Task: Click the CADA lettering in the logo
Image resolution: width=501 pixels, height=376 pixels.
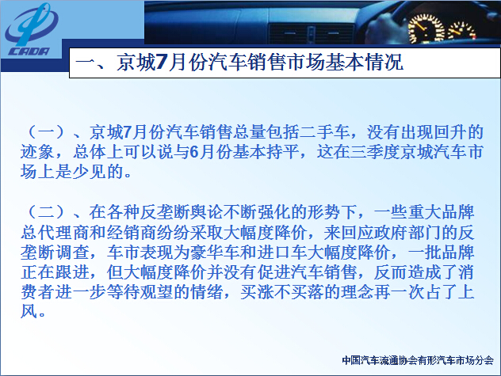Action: tap(29, 51)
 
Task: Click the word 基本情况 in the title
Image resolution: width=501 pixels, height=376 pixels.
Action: tap(364, 62)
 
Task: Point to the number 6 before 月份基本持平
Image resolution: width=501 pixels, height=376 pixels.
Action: tap(194, 152)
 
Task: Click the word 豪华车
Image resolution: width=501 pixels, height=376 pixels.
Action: tap(215, 253)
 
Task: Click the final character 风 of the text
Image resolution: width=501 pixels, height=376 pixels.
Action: tap(29, 312)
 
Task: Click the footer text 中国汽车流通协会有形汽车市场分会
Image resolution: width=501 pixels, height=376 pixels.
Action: tap(418, 360)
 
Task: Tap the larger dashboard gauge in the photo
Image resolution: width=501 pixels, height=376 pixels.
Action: tap(426, 29)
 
